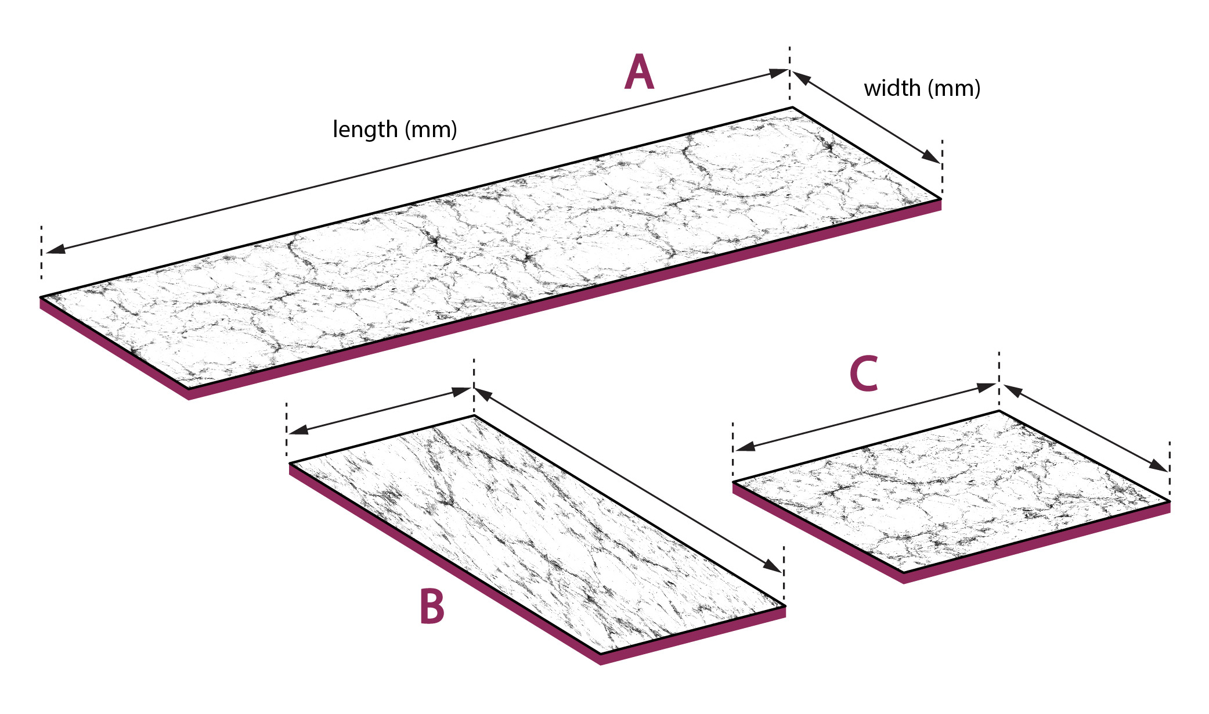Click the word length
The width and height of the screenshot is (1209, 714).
click(x=364, y=129)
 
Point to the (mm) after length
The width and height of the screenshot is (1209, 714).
click(x=431, y=130)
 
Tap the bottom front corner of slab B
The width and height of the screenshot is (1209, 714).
click(x=600, y=654)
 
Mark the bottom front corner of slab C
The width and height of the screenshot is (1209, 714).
click(x=903, y=573)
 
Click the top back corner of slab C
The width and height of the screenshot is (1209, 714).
click(x=999, y=411)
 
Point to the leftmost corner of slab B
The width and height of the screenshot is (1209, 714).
click(x=290, y=463)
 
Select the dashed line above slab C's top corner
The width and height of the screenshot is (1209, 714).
click(x=999, y=372)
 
